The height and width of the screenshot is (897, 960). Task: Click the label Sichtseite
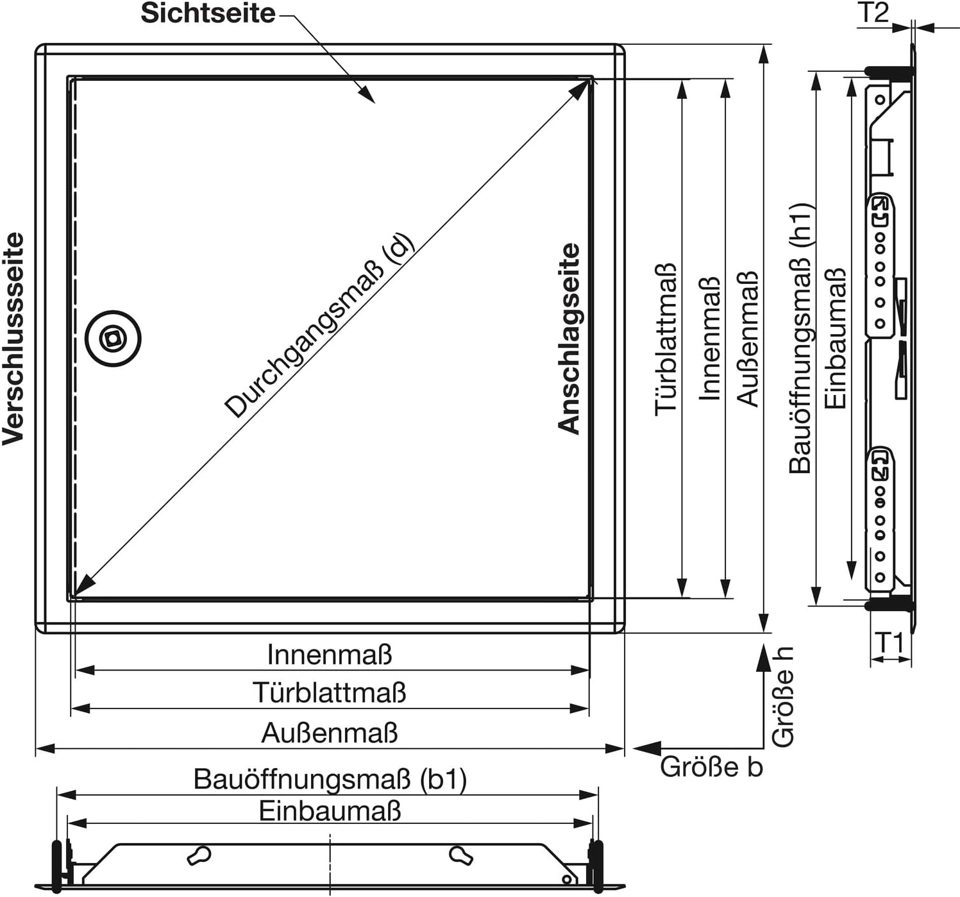pyautogui.click(x=208, y=13)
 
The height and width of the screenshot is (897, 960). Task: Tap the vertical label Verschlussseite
pyautogui.click(x=13, y=339)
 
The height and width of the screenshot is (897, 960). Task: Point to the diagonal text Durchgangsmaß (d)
pyautogui.click(x=319, y=326)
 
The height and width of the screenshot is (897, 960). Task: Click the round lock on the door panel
pyautogui.click(x=113, y=339)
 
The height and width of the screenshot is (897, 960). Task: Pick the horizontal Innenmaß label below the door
pyautogui.click(x=330, y=655)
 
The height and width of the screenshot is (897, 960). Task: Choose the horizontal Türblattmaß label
pyautogui.click(x=330, y=692)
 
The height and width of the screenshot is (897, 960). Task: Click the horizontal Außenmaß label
pyautogui.click(x=330, y=733)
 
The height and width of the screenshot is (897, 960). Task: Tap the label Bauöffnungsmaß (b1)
pyautogui.click(x=330, y=779)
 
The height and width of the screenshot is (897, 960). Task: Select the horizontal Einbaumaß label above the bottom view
pyautogui.click(x=330, y=811)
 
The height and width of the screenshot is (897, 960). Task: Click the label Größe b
pyautogui.click(x=712, y=767)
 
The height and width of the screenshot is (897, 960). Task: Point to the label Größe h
pyautogui.click(x=782, y=696)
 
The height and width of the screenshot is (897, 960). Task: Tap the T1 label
pyautogui.click(x=889, y=643)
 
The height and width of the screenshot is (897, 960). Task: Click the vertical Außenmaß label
pyautogui.click(x=747, y=339)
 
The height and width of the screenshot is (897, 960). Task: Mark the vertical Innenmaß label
pyautogui.click(x=710, y=339)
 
